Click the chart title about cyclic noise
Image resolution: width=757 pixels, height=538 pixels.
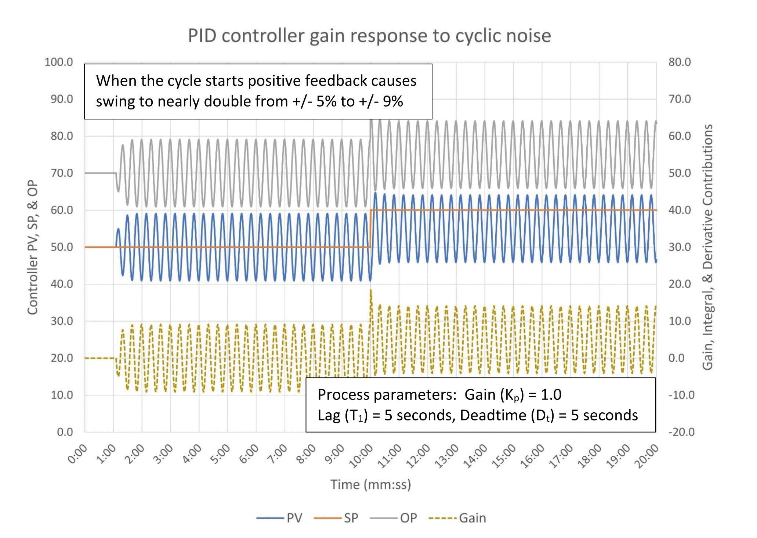[x=369, y=36]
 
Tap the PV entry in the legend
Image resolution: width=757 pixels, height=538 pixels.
[x=294, y=518]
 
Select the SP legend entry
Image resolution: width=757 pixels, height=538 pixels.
[x=351, y=518]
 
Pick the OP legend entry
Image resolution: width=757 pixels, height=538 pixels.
[x=408, y=518]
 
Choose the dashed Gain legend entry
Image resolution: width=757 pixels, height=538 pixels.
[x=472, y=518]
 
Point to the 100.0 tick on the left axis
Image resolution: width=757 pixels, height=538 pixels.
[x=59, y=62]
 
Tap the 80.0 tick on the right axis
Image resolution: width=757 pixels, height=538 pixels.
[x=680, y=62]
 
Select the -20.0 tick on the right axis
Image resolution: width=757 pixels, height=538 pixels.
[x=681, y=432]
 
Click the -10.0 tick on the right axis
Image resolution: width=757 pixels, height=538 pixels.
[x=681, y=395]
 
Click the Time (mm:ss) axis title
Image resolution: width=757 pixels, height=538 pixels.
[x=370, y=485]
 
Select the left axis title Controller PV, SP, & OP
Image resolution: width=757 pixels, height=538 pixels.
[x=33, y=247]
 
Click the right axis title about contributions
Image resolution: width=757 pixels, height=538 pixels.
[x=707, y=247]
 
